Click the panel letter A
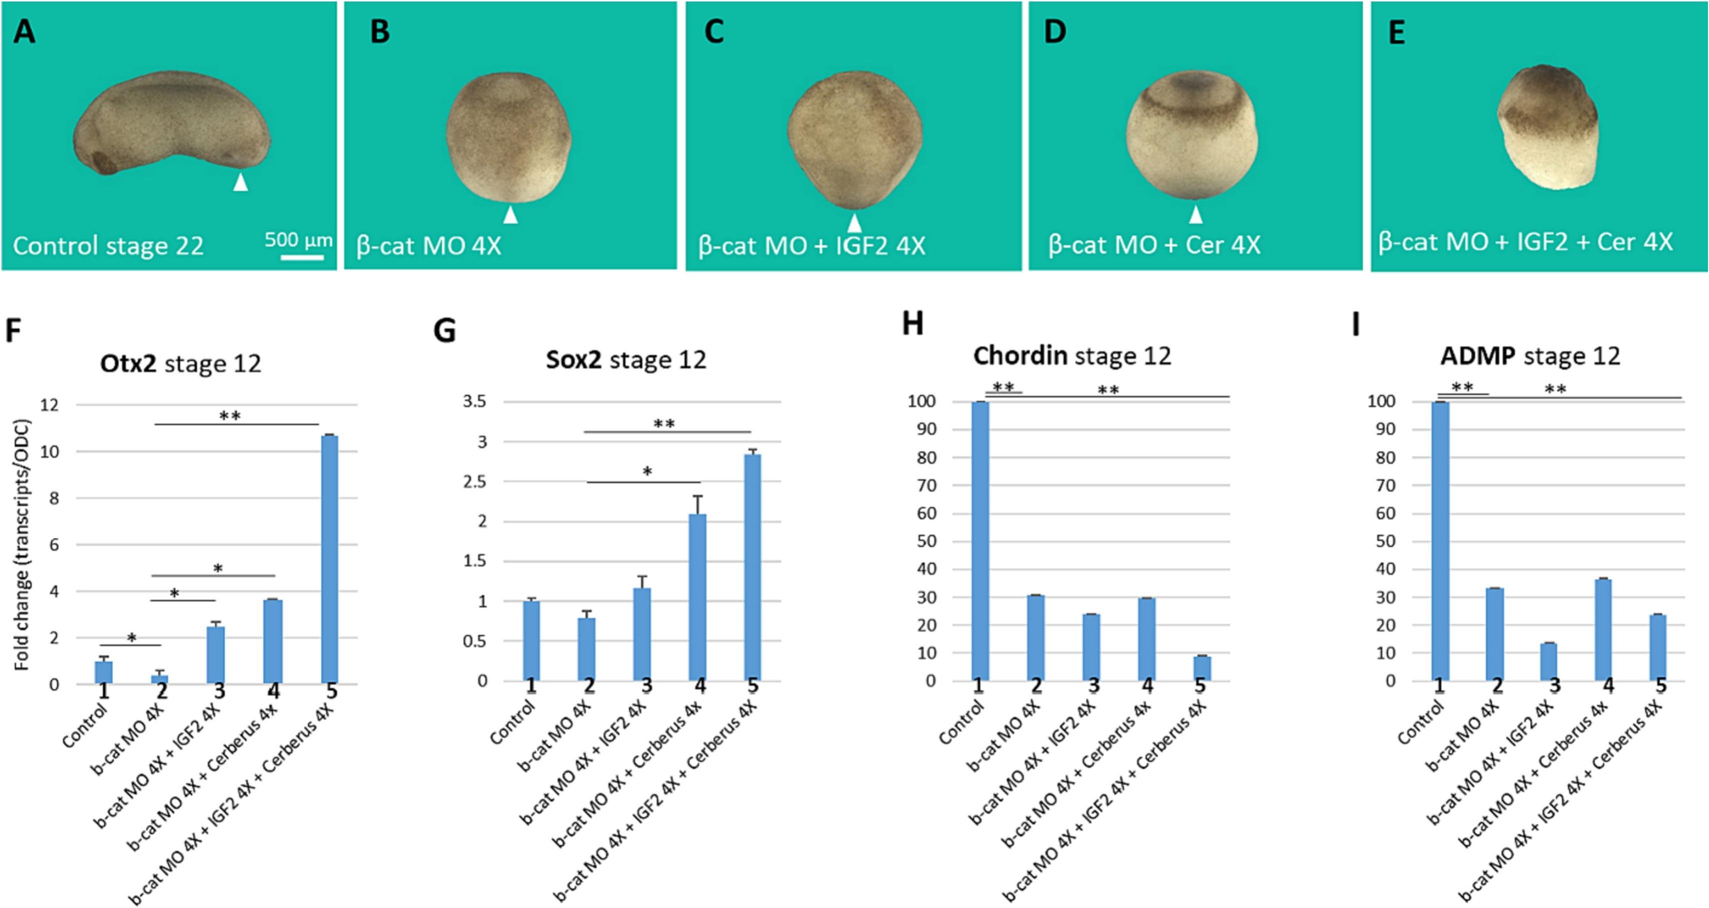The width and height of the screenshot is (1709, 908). coord(24,32)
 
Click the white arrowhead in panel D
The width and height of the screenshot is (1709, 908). coord(1195,214)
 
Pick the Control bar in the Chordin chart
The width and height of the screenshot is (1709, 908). coord(980,541)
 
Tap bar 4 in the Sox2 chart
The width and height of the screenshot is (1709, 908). coord(697,597)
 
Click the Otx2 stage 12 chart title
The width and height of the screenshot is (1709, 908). coord(180,363)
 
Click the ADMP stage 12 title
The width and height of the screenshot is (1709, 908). coord(1530,356)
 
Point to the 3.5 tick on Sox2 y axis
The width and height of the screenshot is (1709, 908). coord(474,401)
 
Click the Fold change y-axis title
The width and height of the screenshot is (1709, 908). coord(22,544)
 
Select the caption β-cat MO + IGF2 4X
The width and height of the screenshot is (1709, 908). coord(811,246)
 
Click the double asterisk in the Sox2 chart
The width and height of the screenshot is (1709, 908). coord(664,424)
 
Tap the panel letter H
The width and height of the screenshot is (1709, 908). coord(913,324)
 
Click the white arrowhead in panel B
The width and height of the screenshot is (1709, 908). coord(509,215)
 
